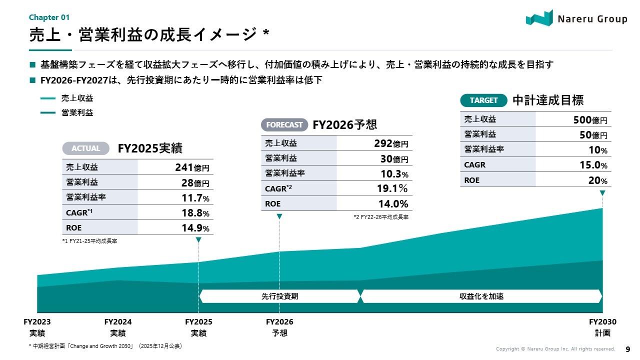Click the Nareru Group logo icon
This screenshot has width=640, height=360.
point(539,18)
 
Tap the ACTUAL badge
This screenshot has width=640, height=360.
point(85,148)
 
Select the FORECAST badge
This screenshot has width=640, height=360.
point(284,124)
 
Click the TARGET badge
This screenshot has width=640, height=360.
point(483,100)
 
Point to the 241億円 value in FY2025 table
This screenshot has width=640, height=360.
point(192,167)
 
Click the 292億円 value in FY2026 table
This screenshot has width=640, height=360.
point(391,143)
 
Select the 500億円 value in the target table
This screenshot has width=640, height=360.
point(590,120)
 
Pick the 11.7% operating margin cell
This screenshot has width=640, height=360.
point(195,198)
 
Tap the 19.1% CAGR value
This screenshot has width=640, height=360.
point(392,188)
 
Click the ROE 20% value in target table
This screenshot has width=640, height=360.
point(597,181)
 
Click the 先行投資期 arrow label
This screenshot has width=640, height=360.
point(279,296)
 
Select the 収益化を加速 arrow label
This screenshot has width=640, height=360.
point(481,296)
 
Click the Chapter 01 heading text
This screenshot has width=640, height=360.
point(49,17)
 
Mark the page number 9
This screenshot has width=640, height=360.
point(628,349)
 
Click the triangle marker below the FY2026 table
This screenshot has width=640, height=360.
point(279,216)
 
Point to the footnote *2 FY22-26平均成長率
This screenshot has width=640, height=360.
point(381,217)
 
